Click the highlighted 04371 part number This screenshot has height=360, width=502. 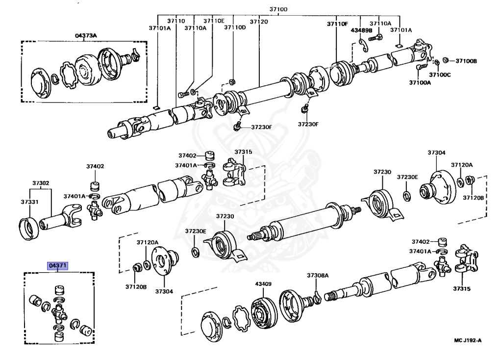coord(57,265)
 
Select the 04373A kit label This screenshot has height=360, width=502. coord(86,35)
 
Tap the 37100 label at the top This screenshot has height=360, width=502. coord(278,9)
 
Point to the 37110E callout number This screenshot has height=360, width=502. coord(214,21)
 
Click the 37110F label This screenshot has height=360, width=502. coord(337,24)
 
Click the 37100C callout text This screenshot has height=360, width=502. coord(440,74)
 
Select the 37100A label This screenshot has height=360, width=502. coord(420,83)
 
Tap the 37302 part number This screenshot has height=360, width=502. coord(41,183)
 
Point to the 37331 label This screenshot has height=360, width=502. coord(29,201)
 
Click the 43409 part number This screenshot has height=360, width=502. coord(263,283)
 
